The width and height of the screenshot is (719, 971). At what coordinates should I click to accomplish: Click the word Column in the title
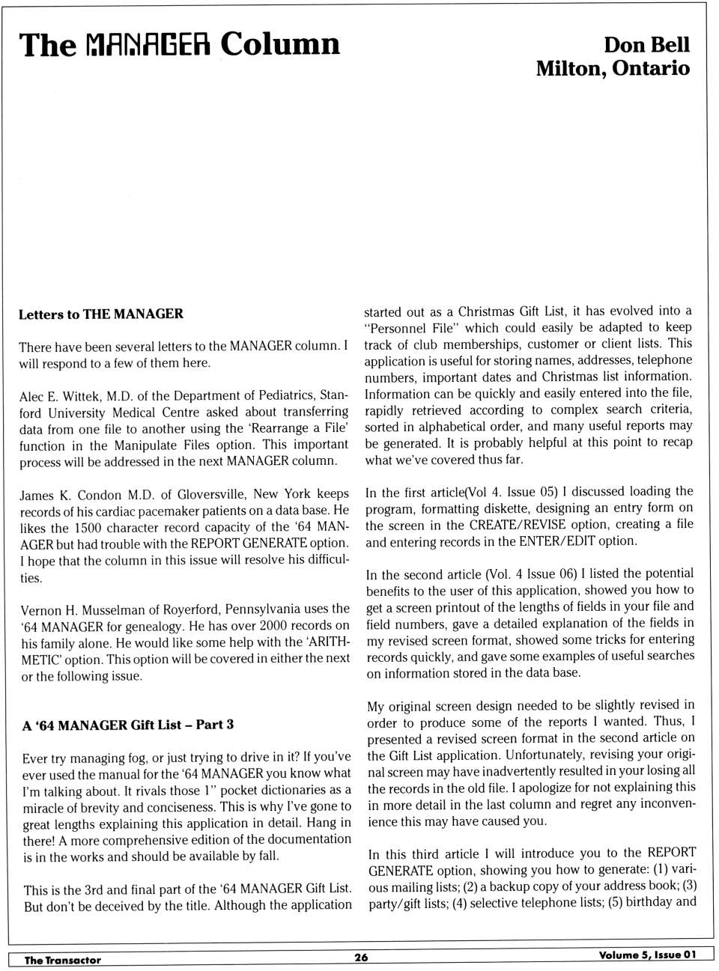coord(279,44)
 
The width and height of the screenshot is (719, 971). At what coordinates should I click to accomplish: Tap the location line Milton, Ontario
coord(612,68)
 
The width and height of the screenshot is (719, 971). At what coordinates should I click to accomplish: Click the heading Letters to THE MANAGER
coord(101,314)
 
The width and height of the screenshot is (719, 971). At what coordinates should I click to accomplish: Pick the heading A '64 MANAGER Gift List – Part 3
coord(128,725)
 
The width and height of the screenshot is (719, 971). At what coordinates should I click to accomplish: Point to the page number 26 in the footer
coord(361,957)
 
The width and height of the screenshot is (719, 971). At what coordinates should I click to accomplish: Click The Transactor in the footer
coord(63,960)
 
